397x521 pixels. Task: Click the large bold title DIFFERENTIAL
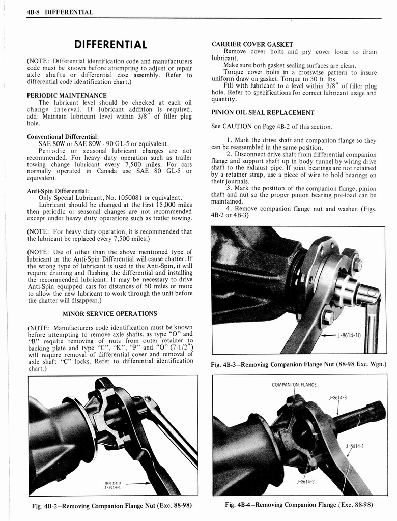click(110, 45)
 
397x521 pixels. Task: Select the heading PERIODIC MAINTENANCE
click(66, 95)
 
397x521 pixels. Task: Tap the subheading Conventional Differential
click(63, 137)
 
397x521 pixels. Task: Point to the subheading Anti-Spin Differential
click(58, 191)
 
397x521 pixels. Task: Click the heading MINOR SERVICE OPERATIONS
click(110, 313)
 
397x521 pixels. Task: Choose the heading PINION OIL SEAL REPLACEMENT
click(263, 113)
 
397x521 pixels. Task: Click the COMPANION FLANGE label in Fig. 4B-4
click(294, 384)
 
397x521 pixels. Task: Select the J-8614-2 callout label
click(306, 481)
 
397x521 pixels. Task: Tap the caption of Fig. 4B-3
click(298, 364)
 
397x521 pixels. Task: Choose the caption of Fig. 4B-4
click(298, 505)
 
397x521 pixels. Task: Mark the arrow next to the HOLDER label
click(136, 484)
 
